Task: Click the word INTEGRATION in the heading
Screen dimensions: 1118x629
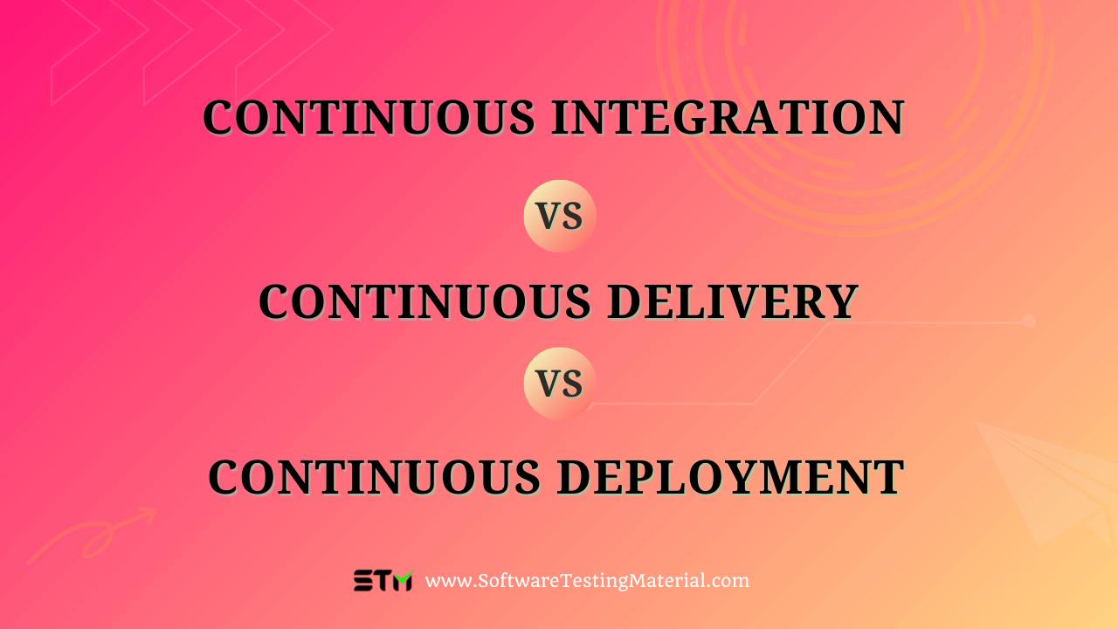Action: tap(728, 118)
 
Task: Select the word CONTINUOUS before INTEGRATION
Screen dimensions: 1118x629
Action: tap(369, 118)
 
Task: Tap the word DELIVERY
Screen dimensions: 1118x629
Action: tap(734, 302)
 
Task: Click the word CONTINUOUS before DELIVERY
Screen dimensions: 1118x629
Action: tap(425, 302)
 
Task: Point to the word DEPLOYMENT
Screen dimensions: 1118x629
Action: tap(731, 478)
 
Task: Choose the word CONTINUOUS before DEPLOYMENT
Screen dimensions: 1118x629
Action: tap(375, 478)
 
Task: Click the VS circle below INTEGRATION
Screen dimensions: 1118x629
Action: tap(560, 216)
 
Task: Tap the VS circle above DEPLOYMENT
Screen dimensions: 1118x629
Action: tap(560, 384)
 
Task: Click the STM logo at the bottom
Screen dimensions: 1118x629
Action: tap(383, 581)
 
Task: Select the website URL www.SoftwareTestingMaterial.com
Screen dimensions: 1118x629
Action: tap(588, 581)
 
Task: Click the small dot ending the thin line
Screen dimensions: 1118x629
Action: tap(1029, 321)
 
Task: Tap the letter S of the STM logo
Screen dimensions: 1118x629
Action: tap(363, 581)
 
